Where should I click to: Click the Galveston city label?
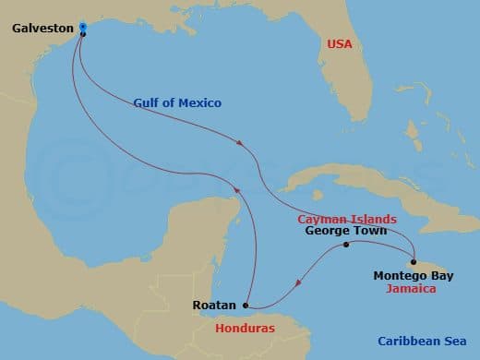(x=42, y=30)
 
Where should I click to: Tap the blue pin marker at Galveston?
(x=83, y=28)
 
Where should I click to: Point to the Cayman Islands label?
(x=347, y=219)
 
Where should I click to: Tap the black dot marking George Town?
(x=346, y=245)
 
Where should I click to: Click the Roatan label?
(x=214, y=304)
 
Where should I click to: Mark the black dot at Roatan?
(x=246, y=305)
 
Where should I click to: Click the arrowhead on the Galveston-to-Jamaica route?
(x=242, y=143)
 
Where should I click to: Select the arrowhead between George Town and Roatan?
(x=297, y=284)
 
